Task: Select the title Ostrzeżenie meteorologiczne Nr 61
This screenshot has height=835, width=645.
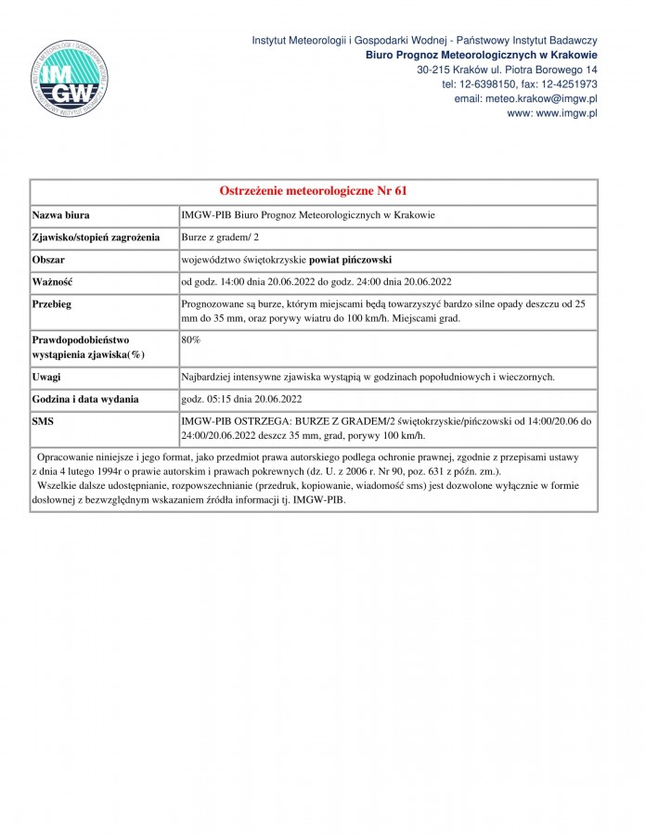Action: [314, 191]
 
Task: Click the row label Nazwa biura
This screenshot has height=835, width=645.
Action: [61, 214]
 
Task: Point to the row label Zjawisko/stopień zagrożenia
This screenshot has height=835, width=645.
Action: [97, 237]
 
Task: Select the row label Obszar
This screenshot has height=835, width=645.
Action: [50, 259]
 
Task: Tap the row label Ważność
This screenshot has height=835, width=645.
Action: [53, 281]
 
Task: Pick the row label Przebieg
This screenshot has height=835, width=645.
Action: [53, 303]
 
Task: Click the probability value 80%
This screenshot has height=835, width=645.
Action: [191, 340]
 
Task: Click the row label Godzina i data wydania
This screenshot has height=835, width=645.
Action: [85, 399]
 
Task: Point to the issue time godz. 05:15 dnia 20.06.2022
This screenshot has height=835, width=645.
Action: [242, 399]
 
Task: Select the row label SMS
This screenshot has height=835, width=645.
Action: [44, 421]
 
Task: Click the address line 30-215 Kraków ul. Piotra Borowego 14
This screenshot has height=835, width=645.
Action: [507, 70]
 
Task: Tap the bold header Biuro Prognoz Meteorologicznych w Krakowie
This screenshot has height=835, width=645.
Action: [481, 55]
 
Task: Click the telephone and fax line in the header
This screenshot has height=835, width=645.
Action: [519, 84]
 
